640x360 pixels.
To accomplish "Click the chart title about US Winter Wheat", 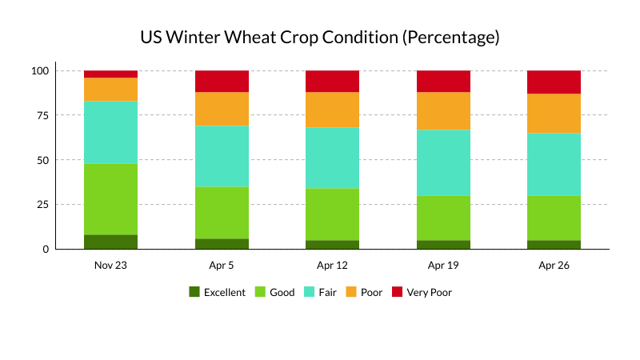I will pos(320,38).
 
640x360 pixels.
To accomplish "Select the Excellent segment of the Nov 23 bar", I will pos(110,242).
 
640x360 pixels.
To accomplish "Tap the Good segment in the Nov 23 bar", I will pos(110,199).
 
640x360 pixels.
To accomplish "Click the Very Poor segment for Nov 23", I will pos(110,74).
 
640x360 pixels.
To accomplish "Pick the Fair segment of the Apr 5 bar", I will pos(222,156).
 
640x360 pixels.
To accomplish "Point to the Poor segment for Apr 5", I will pos(222,109).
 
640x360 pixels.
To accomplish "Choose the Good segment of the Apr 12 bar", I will pos(332,214).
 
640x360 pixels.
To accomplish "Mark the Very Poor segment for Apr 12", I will pos(332,81).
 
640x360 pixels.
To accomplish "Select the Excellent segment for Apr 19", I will pos(443,244).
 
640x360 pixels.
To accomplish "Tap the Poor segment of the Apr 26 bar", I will pos(554,113).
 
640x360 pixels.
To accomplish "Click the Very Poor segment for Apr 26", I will pos(554,82).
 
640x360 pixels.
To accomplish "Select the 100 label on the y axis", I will pos(40,70).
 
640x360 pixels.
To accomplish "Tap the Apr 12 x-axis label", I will pos(332,265).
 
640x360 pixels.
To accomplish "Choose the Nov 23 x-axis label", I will pos(110,265).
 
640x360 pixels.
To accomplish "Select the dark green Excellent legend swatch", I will pos(194,292).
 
